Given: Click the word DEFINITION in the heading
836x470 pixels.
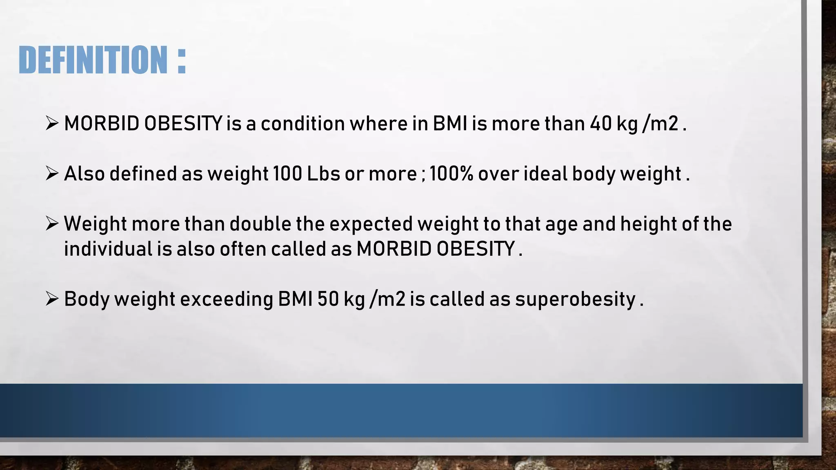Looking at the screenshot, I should point(93,60).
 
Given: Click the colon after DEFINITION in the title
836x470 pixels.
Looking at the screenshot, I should point(182,60).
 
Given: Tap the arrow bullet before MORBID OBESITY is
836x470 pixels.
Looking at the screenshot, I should point(52,123).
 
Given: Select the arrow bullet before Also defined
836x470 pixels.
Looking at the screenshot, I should point(52,174).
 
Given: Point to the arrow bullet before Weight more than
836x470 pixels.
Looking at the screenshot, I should point(52,224).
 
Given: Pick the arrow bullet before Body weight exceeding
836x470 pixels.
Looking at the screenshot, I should point(52,299).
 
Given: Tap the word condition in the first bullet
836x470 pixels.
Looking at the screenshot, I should point(302,124).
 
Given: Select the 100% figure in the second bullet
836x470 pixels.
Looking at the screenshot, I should point(451,174).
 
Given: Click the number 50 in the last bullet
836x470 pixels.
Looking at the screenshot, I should point(328,299).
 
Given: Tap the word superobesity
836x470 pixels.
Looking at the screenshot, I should point(575,299).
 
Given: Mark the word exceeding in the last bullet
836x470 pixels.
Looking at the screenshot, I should point(227,299).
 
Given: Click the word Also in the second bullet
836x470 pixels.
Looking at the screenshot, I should point(84,174).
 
